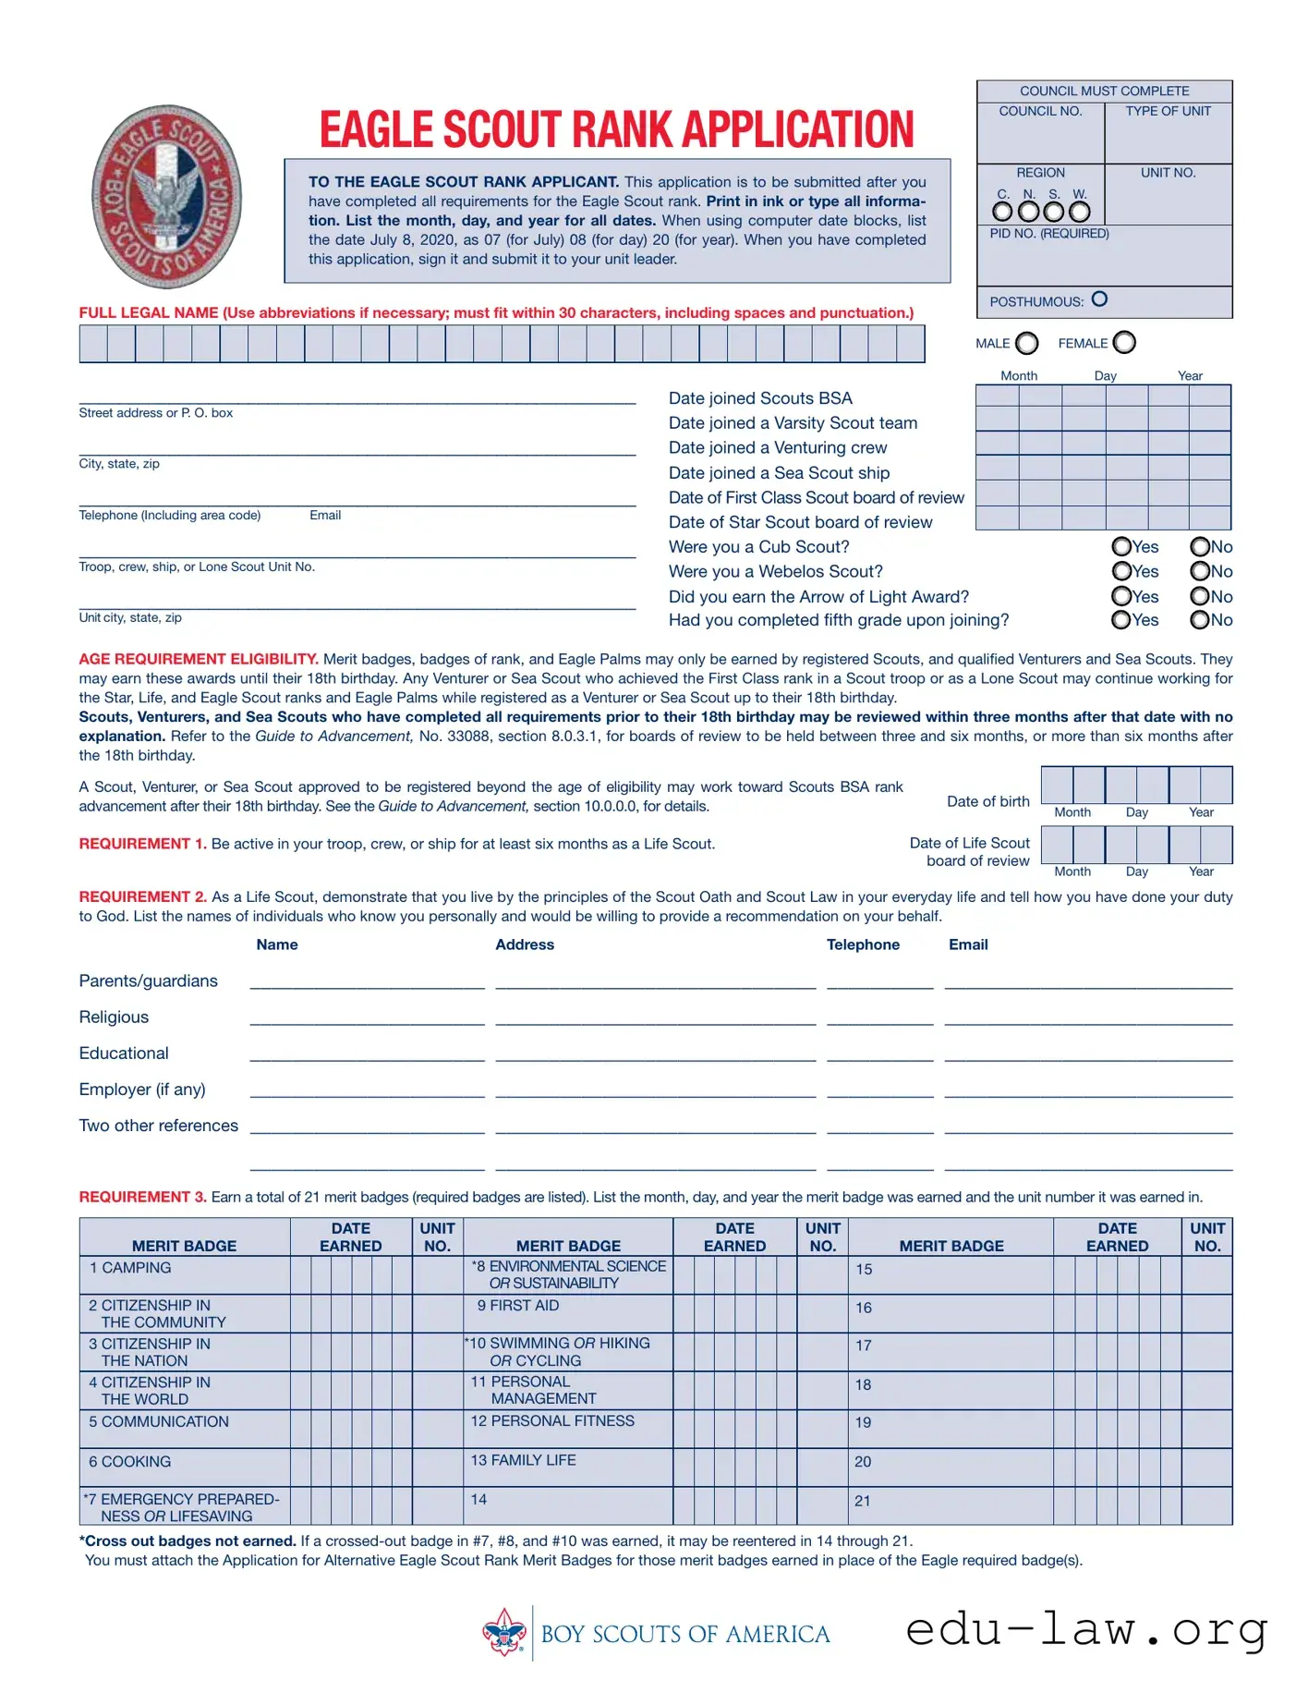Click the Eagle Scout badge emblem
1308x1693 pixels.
(x=167, y=196)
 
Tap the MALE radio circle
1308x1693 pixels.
(x=1026, y=344)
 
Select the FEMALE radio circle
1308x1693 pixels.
(x=1124, y=343)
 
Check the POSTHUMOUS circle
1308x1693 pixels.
(x=1099, y=299)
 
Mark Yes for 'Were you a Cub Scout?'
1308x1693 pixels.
(x=1121, y=546)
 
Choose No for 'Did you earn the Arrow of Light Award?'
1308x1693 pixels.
(x=1200, y=596)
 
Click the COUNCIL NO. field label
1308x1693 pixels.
(x=1040, y=111)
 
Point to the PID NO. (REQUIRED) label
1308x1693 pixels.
(x=1049, y=234)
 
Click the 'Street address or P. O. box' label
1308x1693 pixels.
(x=155, y=413)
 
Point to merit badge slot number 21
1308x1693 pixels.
(x=862, y=1501)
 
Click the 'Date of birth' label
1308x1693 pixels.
(x=987, y=801)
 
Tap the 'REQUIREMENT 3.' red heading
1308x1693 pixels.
(x=142, y=1197)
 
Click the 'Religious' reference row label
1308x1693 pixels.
(x=114, y=1017)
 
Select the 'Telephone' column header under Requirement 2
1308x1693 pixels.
(x=863, y=944)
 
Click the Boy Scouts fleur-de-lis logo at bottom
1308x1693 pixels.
(x=504, y=1633)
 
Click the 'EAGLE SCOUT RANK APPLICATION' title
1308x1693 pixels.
(x=616, y=128)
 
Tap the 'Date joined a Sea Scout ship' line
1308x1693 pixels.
(x=779, y=472)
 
